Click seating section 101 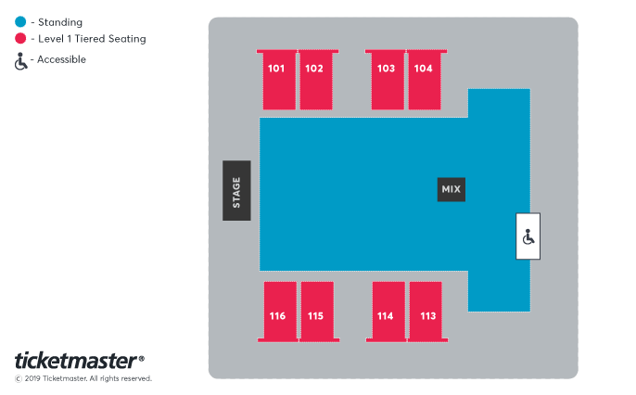[277, 80]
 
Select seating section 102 [314, 80]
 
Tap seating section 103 [386, 80]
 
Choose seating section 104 [423, 80]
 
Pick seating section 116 [278, 312]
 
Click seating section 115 [316, 312]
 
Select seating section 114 [387, 312]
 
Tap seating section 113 [426, 312]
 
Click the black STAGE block [236, 191]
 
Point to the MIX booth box [452, 189]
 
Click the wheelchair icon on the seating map [528, 236]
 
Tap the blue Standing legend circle [20, 21]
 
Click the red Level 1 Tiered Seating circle [20, 39]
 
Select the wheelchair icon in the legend [20, 60]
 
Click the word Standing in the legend [60, 21]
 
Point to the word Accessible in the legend [62, 59]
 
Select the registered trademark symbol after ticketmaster [141, 356]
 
